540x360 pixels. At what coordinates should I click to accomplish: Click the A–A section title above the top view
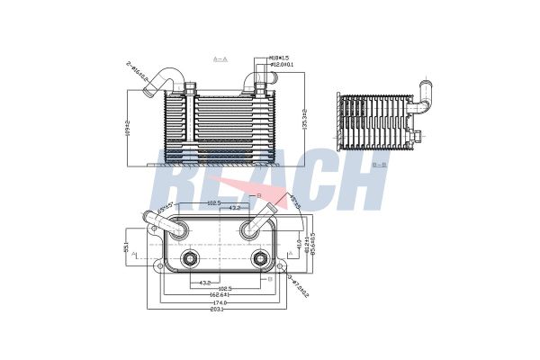pos(220,58)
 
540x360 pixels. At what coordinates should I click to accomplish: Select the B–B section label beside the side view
pos(379,165)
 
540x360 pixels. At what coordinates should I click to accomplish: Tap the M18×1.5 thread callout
pos(283,58)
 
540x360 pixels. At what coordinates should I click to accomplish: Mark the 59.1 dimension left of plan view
pos(126,245)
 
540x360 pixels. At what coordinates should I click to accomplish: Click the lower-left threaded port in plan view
pos(189,260)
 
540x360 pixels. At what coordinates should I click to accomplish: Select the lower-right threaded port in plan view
pos(260,260)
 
